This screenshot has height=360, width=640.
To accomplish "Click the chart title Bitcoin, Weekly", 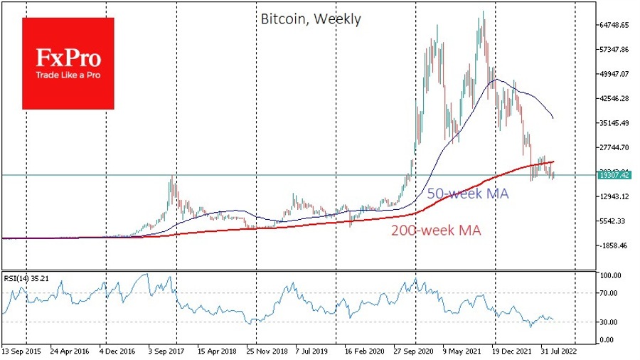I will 309,19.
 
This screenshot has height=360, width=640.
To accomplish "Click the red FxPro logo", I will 68,63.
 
